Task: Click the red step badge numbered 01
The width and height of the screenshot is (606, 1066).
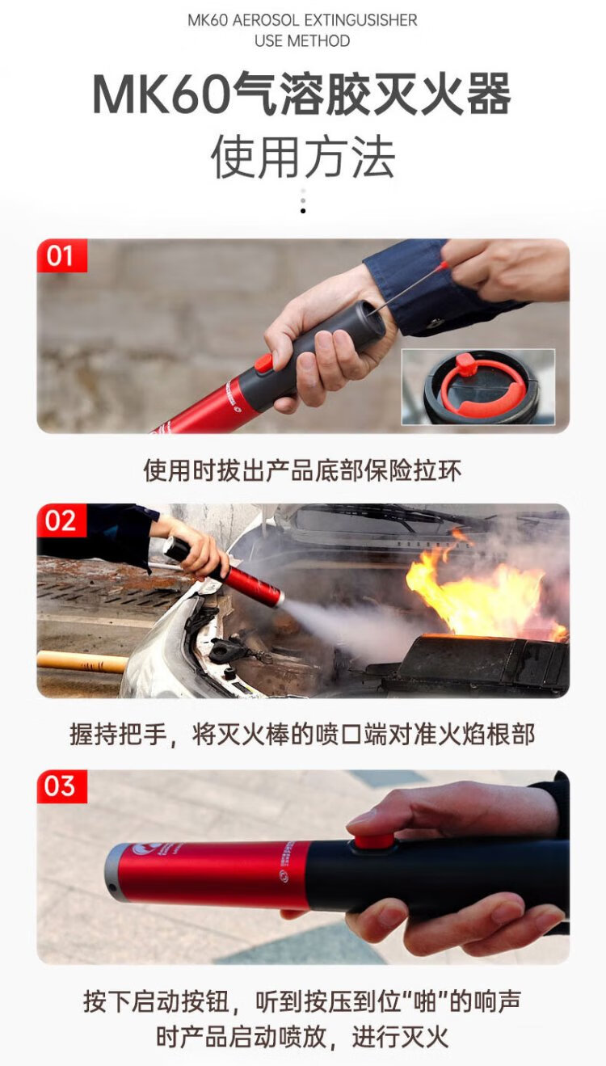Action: point(62,255)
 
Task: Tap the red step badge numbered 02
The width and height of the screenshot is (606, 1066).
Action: point(62,520)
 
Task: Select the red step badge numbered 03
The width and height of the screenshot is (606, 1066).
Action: point(62,786)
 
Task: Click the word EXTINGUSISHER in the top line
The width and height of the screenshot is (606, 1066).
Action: point(360,20)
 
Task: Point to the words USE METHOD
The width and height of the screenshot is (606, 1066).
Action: point(302,41)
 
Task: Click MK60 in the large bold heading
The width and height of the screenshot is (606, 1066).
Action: point(161,93)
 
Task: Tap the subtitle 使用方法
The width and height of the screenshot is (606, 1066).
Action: point(303,157)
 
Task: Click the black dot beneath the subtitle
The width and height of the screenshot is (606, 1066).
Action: point(303,211)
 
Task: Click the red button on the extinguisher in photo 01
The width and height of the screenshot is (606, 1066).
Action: point(263,363)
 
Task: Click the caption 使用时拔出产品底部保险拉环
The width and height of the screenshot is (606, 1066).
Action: point(302,470)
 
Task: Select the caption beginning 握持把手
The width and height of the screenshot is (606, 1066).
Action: point(302,735)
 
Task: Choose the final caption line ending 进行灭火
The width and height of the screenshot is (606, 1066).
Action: point(302,1037)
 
